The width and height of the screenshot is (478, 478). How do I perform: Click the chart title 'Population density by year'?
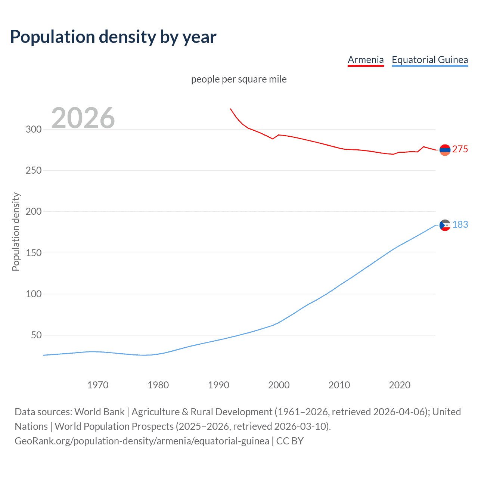[x=113, y=37]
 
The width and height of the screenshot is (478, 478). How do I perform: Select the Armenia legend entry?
[x=366, y=60]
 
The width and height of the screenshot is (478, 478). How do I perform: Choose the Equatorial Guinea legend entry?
[x=430, y=60]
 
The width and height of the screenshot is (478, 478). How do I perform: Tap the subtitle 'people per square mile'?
[x=239, y=79]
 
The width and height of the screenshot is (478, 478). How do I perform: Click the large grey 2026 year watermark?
[x=83, y=118]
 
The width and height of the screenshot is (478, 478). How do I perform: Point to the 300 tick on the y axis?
[x=33, y=130]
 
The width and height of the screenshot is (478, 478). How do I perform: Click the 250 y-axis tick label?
[x=33, y=171]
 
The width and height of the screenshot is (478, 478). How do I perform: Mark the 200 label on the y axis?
[x=33, y=212]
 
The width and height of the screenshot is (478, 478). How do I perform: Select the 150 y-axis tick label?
[x=33, y=253]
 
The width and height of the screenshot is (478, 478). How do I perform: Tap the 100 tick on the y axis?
[x=33, y=294]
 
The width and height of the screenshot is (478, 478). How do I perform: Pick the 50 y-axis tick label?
[x=36, y=335]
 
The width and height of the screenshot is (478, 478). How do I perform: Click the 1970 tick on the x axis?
[x=98, y=385]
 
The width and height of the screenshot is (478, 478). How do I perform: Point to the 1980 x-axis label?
[x=158, y=385]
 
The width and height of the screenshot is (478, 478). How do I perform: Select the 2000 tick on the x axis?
[x=279, y=385]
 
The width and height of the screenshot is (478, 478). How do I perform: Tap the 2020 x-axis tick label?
[x=400, y=385]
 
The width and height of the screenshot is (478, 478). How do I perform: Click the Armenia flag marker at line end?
[x=445, y=150]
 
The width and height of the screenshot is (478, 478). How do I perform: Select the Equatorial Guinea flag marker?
[x=445, y=225]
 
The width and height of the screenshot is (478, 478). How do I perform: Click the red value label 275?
[x=460, y=149]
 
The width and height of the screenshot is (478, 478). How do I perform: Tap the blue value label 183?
[x=460, y=224]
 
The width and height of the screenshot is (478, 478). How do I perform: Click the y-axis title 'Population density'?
[x=16, y=232]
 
